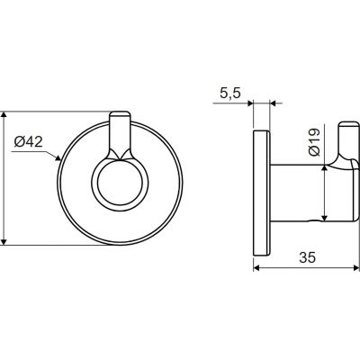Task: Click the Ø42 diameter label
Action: coord(29,142)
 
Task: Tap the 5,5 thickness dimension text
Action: coord(230,94)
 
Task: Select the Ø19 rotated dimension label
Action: coord(314,142)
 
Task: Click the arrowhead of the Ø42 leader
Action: coord(58,157)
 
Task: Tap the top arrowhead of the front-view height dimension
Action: coord(4,115)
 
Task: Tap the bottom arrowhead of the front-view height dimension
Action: coord(4,242)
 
